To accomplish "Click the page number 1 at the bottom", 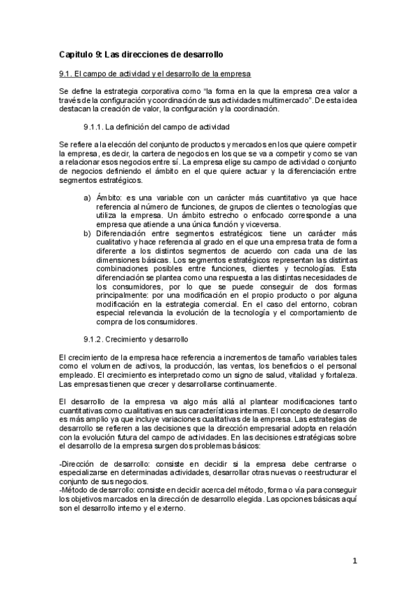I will [x=354, y=561].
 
